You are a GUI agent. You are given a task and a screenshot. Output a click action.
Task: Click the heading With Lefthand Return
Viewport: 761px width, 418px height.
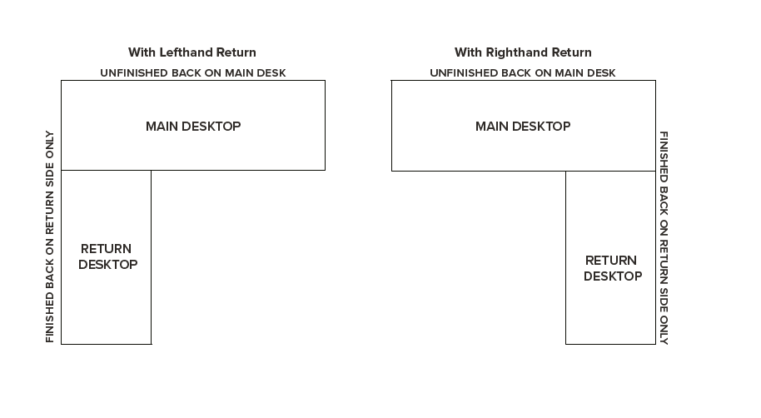[x=192, y=52]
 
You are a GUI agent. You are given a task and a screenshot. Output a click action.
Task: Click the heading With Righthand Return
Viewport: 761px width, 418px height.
[x=523, y=52]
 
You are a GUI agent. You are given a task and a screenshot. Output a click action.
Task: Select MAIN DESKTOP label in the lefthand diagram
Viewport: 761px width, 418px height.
[x=193, y=127]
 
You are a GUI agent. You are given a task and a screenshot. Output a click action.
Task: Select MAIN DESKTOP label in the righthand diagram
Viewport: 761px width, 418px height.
[x=523, y=127]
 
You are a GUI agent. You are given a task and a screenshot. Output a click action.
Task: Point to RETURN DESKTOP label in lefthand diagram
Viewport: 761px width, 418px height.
[x=107, y=256]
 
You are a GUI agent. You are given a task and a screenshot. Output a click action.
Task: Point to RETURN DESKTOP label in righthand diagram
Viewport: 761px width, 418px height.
[x=613, y=268]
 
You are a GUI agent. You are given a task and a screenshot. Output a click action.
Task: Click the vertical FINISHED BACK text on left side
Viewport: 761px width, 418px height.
[x=50, y=236]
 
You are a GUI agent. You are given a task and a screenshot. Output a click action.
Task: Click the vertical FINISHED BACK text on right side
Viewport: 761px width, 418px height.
[x=664, y=238]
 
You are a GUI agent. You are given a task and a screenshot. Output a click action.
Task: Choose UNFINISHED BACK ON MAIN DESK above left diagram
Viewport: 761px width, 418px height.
[x=193, y=73]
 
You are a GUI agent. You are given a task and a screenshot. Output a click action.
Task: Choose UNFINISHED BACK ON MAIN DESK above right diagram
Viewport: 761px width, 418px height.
[x=523, y=73]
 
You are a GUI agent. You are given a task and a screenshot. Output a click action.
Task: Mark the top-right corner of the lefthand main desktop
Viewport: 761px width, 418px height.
[x=326, y=81]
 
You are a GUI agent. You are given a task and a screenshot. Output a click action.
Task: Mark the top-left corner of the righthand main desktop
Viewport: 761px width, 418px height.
[x=391, y=81]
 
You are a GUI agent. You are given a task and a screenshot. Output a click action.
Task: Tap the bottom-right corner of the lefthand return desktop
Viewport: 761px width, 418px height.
[x=152, y=344]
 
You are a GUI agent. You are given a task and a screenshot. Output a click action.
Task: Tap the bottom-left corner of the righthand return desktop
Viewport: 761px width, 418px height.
[x=566, y=344]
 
